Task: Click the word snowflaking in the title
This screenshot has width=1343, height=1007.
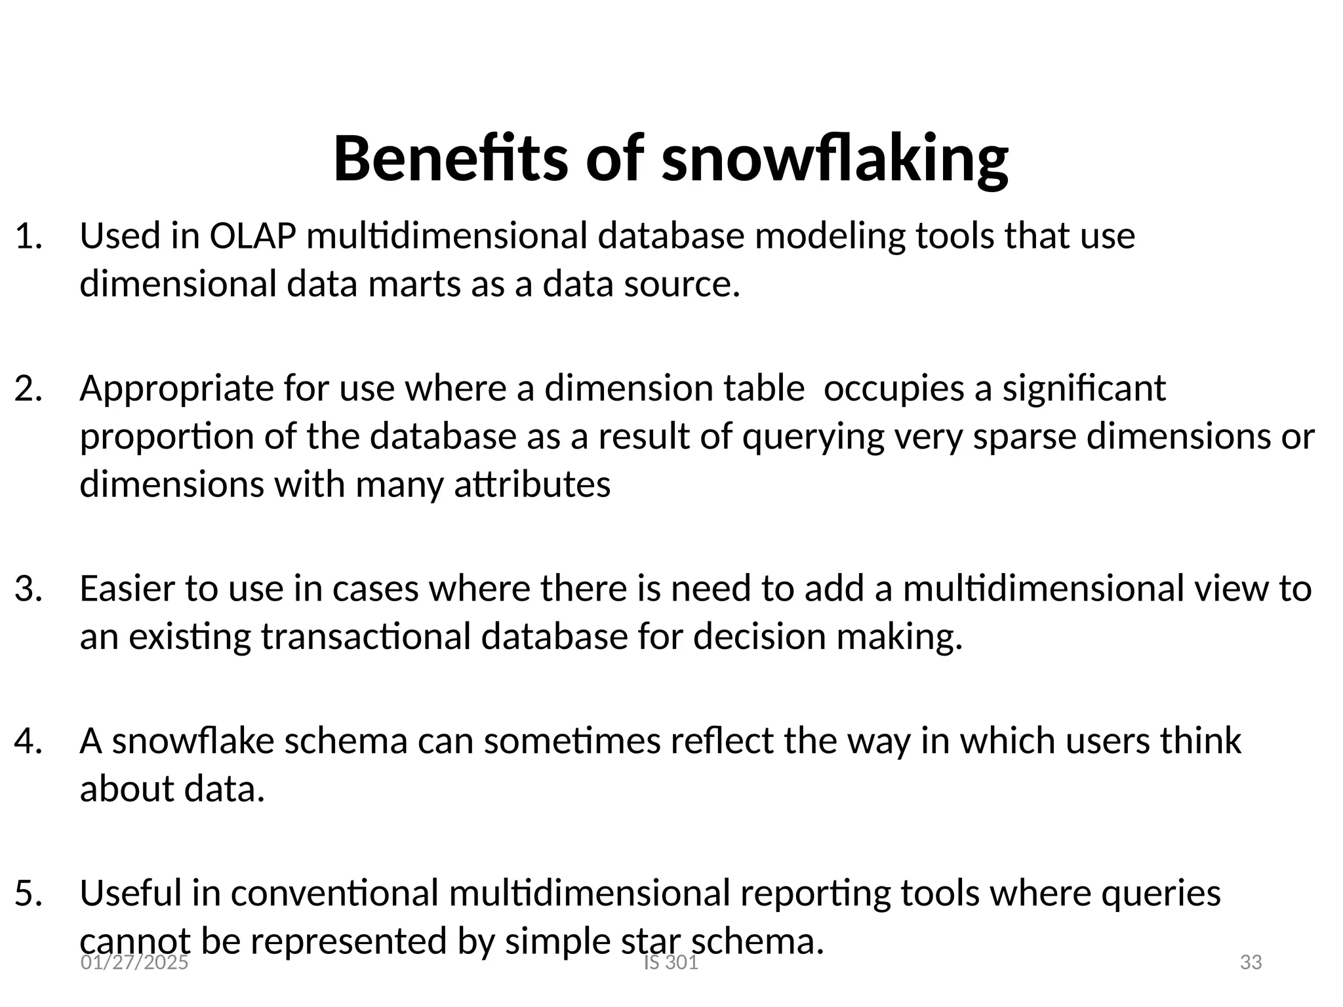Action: coord(835,159)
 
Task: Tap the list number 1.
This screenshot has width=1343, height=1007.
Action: coord(28,236)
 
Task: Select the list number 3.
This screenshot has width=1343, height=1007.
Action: coord(28,589)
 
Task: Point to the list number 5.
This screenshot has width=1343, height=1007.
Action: coord(28,893)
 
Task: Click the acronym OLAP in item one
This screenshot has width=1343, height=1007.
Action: coord(252,236)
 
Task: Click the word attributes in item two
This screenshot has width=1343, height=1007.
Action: coord(532,485)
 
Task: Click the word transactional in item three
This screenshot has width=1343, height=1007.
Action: coord(365,637)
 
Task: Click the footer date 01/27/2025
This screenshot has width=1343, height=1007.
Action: coord(134,962)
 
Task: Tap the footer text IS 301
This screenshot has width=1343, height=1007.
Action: coord(671,962)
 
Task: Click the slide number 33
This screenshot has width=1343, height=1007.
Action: coord(1251,962)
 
